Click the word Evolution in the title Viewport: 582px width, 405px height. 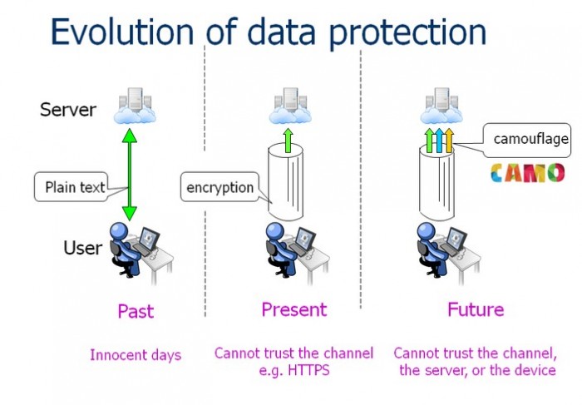pos(122,31)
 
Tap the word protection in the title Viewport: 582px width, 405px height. pos(407,33)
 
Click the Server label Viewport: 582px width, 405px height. pos(68,110)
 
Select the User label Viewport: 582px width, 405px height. pos(83,248)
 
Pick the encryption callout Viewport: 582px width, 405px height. pos(219,187)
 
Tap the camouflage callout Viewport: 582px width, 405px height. pos(527,140)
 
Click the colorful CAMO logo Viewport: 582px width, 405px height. pos(527,173)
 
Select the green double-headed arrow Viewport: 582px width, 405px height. pos(130,175)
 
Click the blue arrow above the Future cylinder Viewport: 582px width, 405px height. pos(439,141)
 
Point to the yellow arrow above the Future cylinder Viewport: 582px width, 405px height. pos(449,141)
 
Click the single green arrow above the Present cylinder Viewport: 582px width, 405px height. pos(288,141)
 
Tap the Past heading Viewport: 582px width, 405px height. pos(136,311)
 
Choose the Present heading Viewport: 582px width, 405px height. pos(294,309)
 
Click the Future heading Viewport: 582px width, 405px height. pos(476,309)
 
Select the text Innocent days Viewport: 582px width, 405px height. pos(136,355)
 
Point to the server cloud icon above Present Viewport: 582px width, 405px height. pos(290,106)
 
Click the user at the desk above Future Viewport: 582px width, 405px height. pos(448,253)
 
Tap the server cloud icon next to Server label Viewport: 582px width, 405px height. pos(135,106)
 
